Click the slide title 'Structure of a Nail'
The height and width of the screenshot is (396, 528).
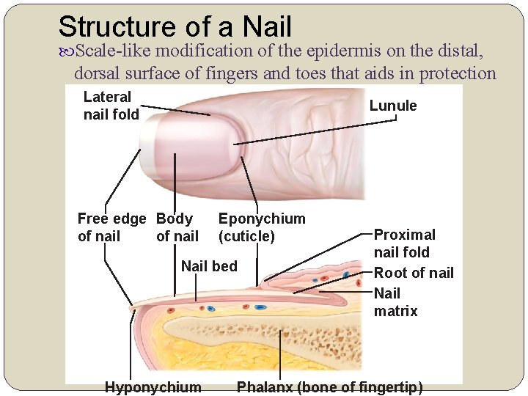175,26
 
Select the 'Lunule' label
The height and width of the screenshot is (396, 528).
393,106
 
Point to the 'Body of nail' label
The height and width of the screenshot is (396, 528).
176,227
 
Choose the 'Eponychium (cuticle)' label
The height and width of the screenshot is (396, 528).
261,227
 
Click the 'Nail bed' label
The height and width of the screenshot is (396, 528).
209,266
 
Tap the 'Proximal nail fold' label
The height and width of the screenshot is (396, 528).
404,243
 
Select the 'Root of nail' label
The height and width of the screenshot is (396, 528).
414,274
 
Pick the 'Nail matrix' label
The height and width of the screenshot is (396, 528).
395,302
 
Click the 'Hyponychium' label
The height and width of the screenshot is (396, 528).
153,386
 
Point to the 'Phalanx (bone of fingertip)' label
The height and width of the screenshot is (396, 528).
329,386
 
